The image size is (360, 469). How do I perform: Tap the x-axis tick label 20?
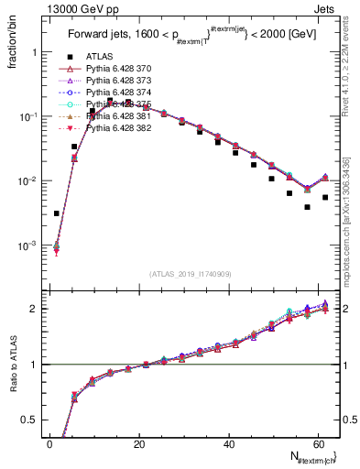coord(139,444)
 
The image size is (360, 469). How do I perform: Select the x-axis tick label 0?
coord(50,444)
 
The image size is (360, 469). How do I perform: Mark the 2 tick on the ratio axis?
coord(37,309)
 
